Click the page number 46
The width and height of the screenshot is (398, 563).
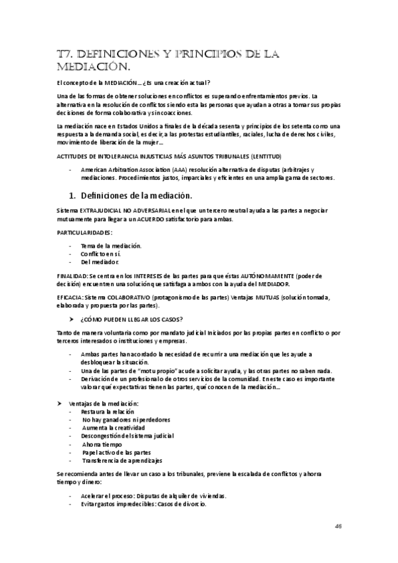coord(339,524)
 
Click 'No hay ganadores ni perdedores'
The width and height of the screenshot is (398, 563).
coord(126,420)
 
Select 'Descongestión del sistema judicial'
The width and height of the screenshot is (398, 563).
coord(127,436)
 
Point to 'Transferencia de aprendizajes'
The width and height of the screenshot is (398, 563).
coord(122,460)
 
